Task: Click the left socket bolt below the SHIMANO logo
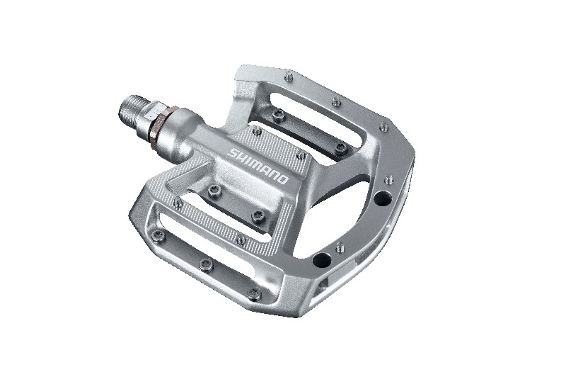(214, 188)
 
